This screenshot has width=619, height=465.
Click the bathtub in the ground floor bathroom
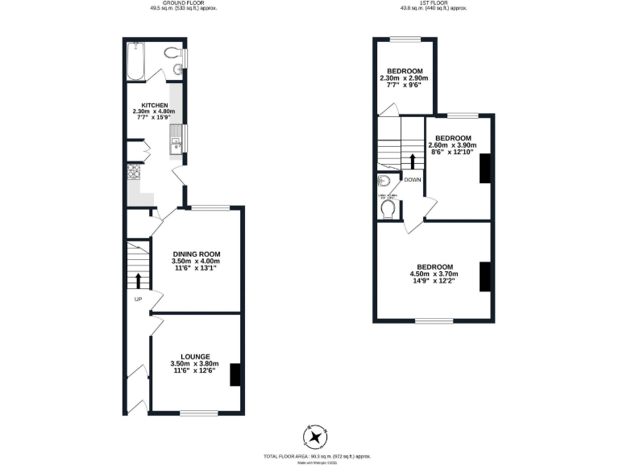pyautogui.click(x=135, y=63)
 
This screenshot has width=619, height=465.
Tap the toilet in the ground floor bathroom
pyautogui.click(x=172, y=53)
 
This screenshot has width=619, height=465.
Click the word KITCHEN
pyautogui.click(x=155, y=106)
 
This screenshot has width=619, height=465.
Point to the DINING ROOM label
pyautogui.click(x=195, y=254)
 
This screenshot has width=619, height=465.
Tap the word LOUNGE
pyautogui.click(x=195, y=356)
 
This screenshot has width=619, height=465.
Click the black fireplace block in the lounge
pyautogui.click(x=235, y=375)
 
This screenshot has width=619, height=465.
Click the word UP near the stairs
pyautogui.click(x=138, y=300)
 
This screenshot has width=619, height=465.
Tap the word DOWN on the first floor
pyautogui.click(x=412, y=180)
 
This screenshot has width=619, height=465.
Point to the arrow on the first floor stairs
pyautogui.click(x=412, y=161)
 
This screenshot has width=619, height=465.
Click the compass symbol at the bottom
pyautogui.click(x=315, y=438)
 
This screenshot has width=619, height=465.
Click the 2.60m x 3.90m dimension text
pyautogui.click(x=452, y=145)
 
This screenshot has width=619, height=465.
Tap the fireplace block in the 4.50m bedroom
pyautogui.click(x=485, y=276)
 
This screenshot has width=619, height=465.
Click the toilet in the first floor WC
pyautogui.click(x=389, y=209)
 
